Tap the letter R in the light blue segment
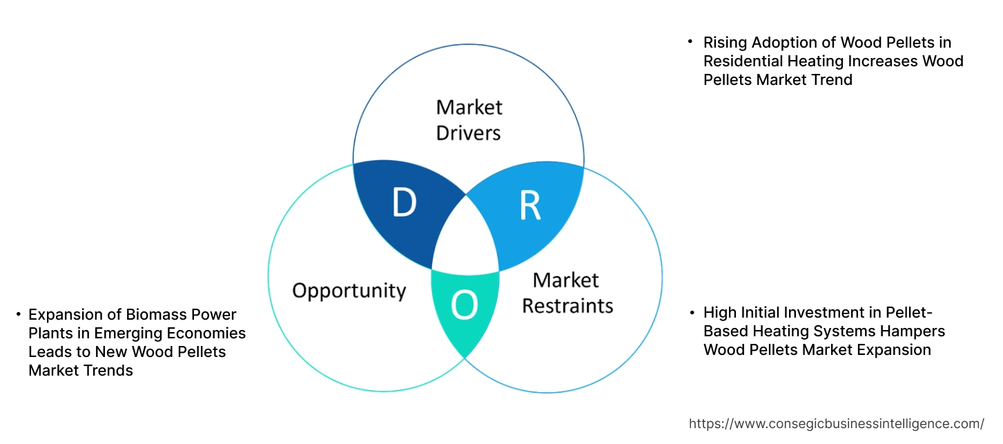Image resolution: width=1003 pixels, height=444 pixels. (529, 205)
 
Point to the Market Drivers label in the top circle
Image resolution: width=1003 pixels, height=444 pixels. (469, 119)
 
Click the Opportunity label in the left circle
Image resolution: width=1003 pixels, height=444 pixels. (349, 290)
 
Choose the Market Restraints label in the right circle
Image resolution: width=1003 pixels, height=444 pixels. (567, 292)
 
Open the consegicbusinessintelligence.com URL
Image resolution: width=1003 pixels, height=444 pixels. (836, 423)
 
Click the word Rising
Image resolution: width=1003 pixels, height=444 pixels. (724, 42)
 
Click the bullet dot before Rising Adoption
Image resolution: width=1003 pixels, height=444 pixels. (690, 42)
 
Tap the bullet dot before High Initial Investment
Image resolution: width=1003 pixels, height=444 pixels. (692, 313)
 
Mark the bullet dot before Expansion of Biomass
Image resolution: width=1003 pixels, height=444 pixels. (18, 315)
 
